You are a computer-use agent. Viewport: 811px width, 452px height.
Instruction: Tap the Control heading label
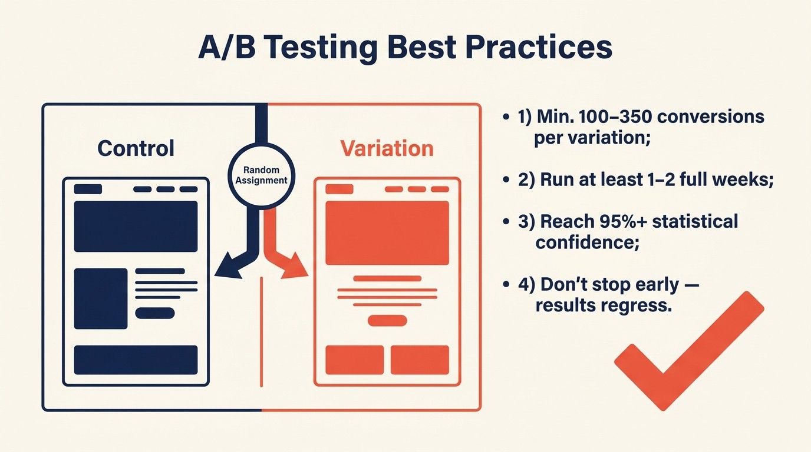136,148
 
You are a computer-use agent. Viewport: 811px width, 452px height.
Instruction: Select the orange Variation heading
387,148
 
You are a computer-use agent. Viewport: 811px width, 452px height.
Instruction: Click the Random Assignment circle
261,175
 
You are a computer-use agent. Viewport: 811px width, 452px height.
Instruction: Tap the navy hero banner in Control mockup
136,226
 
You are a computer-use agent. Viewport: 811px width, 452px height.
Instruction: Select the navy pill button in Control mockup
154,313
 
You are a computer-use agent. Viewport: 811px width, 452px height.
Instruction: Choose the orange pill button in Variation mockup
387,321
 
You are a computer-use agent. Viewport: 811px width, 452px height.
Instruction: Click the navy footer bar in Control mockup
136,360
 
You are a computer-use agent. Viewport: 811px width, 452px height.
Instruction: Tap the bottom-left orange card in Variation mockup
354,360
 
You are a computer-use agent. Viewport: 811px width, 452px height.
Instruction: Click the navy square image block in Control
101,298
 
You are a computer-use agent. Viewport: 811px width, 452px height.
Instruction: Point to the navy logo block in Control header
88,189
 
